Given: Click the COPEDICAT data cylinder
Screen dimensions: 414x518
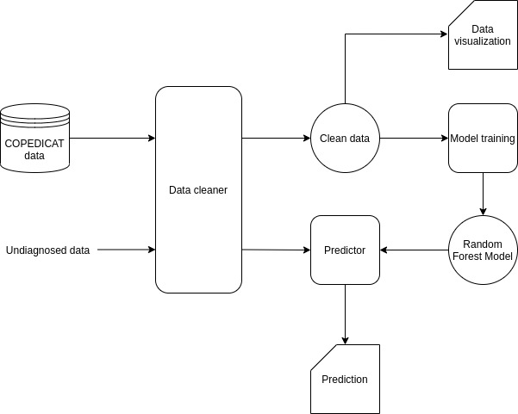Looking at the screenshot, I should pos(34,138).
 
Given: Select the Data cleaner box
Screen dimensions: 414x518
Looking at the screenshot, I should pos(198,189).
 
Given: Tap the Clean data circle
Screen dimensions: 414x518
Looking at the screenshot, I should pos(345,138).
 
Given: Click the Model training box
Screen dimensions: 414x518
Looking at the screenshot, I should pos(483,138).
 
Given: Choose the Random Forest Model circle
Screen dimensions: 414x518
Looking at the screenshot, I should pos(483,250).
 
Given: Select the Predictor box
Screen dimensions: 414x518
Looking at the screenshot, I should pos(345,250).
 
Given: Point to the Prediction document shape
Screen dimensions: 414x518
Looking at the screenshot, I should pos(345,379).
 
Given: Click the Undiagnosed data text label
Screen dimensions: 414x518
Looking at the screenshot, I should pos(47,250).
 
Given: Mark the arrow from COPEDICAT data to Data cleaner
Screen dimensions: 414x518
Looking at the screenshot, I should pos(112,138).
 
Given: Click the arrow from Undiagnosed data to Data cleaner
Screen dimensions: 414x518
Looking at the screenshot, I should pos(125,250).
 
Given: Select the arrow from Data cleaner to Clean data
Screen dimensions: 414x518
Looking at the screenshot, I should pos(276,138).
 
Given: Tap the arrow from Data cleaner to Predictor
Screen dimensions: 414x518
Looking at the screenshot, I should pos(276,250).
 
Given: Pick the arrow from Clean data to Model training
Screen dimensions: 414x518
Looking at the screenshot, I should pos(414,138).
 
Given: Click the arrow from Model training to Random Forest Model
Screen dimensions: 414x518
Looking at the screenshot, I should pos(483,194).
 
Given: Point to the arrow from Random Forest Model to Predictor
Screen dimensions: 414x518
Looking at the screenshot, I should pos(414,250).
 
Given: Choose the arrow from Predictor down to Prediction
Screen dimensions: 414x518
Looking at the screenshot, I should pos(345,314).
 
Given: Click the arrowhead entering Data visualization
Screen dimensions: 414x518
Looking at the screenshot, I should pos(443,35).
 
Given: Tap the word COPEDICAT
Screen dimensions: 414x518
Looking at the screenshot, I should pos(34,143).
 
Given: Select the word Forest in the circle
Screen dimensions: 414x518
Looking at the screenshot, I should pos(471,256).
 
